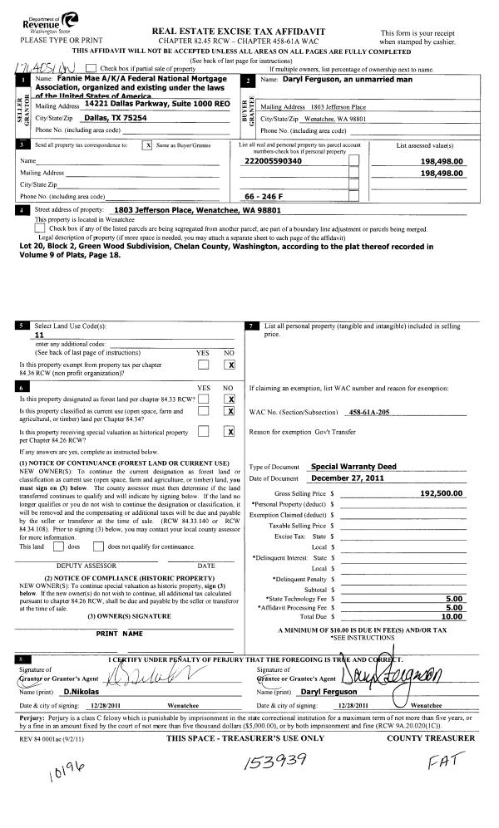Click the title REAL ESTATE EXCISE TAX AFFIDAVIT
click(x=249, y=31)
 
